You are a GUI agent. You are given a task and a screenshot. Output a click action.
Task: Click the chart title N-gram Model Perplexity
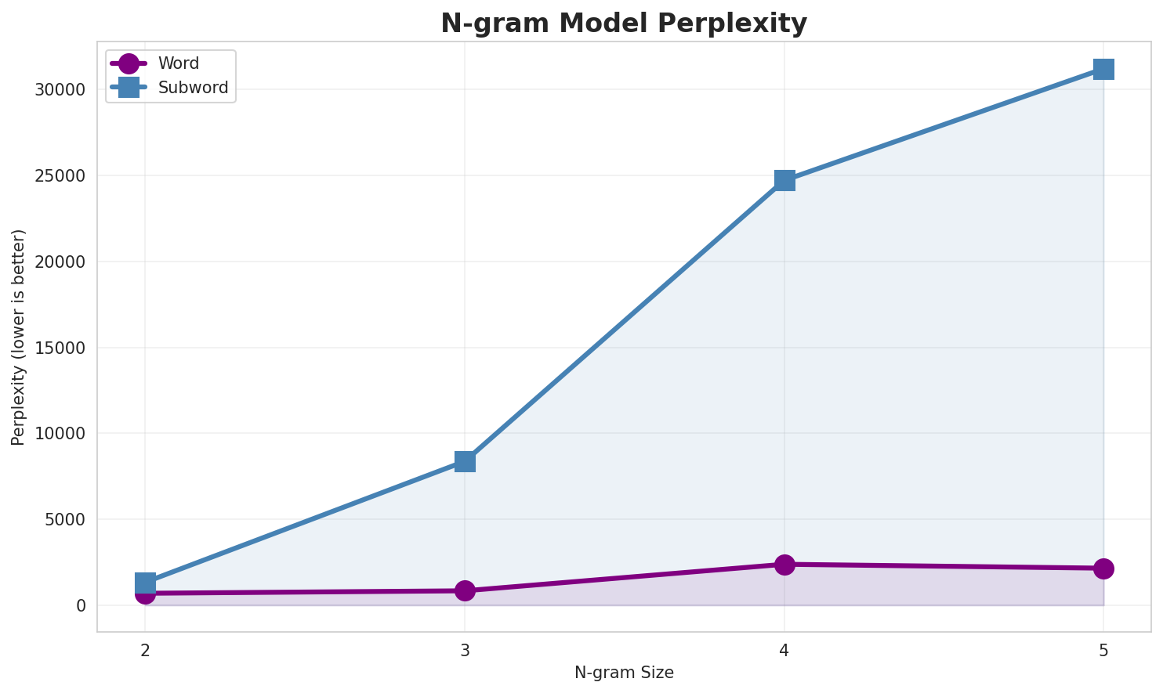coord(623,23)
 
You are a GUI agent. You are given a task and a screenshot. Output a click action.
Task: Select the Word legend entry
coord(178,63)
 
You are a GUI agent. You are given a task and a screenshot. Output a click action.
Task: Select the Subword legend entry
coord(193,88)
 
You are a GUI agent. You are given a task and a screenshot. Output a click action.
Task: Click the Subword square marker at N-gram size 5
coord(1103,69)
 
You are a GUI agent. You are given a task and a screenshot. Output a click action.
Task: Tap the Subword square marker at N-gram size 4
coord(784,180)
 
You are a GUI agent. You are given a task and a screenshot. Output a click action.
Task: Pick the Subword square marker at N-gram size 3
coord(465,461)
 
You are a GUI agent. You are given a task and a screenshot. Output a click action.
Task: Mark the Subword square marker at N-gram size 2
coord(145,582)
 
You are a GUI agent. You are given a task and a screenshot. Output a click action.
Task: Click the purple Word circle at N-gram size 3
coord(465,590)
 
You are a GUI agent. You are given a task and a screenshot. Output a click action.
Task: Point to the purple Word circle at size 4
coord(784,565)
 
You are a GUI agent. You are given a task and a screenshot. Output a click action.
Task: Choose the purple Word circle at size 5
coord(1103,568)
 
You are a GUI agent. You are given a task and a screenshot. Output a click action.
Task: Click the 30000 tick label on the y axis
coord(60,90)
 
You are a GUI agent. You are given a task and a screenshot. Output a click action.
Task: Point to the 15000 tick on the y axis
coord(60,348)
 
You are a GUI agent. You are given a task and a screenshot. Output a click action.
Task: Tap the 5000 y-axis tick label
coord(64,520)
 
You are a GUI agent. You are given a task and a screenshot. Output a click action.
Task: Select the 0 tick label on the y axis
coord(81,606)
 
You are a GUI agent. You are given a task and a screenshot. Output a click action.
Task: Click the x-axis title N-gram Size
coord(624,673)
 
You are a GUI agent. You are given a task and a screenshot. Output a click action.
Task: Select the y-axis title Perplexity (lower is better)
coord(19,337)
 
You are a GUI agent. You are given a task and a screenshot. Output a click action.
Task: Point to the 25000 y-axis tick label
coord(60,176)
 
